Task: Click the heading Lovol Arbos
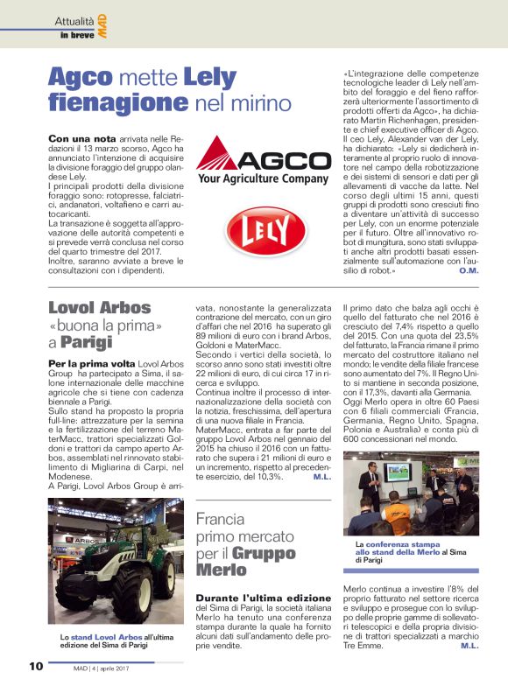coord(99,308)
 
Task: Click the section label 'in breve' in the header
coord(76,34)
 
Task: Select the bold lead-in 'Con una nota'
coord(78,139)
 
